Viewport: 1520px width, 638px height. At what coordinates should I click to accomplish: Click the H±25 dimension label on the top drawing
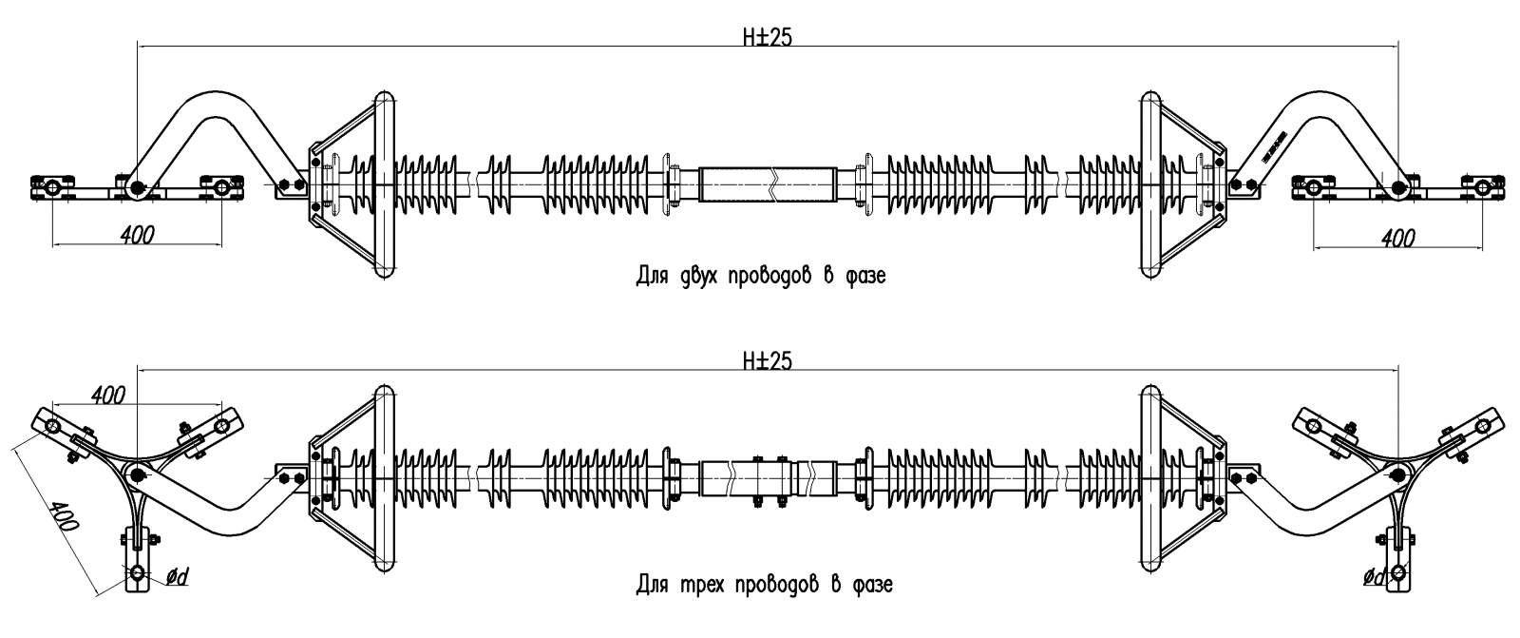coord(767,37)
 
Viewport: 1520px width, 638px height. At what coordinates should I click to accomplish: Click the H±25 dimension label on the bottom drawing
coord(767,360)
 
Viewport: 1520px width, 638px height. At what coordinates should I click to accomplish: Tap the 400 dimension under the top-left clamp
coord(138,235)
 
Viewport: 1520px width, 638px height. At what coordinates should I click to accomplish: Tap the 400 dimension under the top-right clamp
coord(1397,238)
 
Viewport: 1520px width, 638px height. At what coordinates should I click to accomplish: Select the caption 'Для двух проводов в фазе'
coord(761,275)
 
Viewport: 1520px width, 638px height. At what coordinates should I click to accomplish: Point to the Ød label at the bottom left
coord(177,577)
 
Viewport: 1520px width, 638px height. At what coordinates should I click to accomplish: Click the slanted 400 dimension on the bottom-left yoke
coord(66,516)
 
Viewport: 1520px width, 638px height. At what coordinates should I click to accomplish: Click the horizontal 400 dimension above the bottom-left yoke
coord(108,395)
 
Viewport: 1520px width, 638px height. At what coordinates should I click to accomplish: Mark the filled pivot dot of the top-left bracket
coord(137,187)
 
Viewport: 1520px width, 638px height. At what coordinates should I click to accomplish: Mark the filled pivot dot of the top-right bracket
coord(1397,187)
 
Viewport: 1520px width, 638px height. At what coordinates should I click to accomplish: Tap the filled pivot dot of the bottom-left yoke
coord(137,474)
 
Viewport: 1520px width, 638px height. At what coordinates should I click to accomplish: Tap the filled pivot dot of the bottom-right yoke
coord(1397,474)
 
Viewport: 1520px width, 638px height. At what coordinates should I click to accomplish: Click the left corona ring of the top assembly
coord(384,184)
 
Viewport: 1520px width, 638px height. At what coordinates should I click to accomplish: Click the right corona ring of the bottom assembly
coord(1150,480)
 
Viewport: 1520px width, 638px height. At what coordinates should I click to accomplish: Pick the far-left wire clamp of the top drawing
coord(51,187)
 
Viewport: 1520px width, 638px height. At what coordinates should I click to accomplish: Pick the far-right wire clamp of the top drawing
coord(1483,187)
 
